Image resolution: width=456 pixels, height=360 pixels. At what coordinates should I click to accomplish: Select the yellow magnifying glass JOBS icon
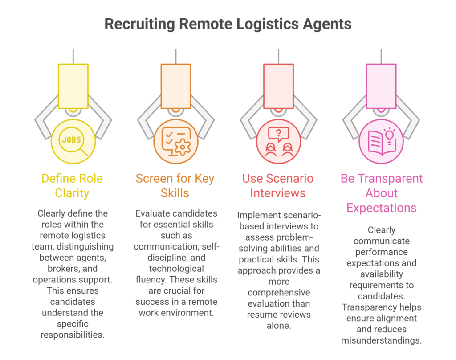tap(73, 142)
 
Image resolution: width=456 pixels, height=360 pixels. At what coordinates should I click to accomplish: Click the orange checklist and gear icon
tap(175, 142)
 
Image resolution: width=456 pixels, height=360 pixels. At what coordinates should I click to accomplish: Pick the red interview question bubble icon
tap(278, 142)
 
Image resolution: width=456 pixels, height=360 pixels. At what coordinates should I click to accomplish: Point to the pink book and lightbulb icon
tap(381, 142)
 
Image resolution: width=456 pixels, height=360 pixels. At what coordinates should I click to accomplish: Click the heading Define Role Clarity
tap(72, 186)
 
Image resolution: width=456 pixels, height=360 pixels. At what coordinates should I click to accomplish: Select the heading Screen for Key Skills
tap(175, 186)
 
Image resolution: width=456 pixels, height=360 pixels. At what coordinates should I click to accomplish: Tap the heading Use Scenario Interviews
tap(278, 186)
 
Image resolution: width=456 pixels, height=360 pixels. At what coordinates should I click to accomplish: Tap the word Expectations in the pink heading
tap(381, 208)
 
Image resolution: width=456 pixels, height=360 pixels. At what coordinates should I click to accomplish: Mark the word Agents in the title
tap(327, 24)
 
